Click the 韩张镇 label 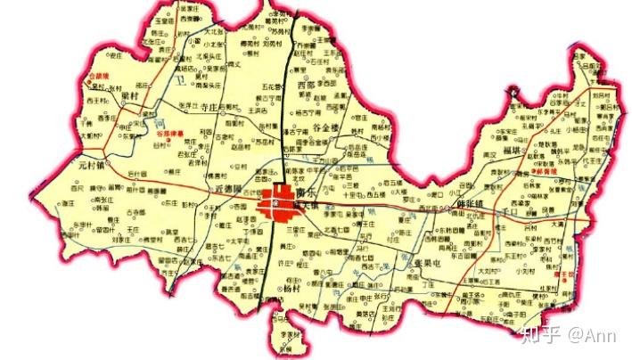[472, 204]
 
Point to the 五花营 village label [273, 86]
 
